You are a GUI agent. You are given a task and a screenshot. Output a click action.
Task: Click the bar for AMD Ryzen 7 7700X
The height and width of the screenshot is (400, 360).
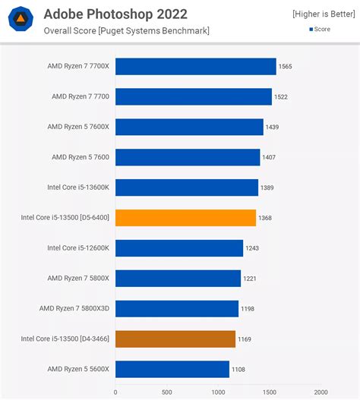pyautogui.click(x=195, y=67)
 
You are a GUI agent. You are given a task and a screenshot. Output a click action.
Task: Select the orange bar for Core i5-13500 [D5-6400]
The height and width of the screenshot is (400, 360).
pyautogui.click(x=185, y=218)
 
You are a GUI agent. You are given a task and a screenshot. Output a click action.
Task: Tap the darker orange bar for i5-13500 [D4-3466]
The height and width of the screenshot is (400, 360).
pyautogui.click(x=175, y=339)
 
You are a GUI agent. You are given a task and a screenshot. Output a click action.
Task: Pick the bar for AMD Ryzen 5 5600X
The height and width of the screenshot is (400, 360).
pyautogui.click(x=172, y=369)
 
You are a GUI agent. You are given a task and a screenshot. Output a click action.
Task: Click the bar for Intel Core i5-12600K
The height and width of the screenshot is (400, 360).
pyautogui.click(x=179, y=248)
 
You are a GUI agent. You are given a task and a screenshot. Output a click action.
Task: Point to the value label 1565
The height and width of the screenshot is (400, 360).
pyautogui.click(x=286, y=67)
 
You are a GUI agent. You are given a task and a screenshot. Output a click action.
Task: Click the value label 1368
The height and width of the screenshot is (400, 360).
pyautogui.click(x=265, y=218)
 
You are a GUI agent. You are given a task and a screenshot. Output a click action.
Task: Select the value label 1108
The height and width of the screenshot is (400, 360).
pyautogui.click(x=238, y=369)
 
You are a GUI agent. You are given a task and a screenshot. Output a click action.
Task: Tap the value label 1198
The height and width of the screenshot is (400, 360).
pyautogui.click(x=248, y=308)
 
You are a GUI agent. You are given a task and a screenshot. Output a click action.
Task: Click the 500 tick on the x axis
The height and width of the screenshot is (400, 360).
pyautogui.click(x=166, y=392)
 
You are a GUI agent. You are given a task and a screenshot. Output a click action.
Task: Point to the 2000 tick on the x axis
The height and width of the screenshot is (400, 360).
pyautogui.click(x=320, y=392)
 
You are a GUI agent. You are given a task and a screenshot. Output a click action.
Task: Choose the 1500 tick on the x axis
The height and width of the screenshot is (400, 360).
pyautogui.click(x=269, y=392)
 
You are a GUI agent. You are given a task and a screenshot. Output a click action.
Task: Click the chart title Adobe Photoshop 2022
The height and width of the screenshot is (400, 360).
pyautogui.click(x=115, y=14)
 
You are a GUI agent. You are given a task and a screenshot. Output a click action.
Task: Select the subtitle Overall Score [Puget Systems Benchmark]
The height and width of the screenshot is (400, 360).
pyautogui.click(x=126, y=30)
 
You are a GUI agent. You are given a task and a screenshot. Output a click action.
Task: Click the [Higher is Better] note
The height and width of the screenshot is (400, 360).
pyautogui.click(x=322, y=14)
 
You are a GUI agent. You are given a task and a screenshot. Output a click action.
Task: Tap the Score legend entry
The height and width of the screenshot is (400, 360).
pyautogui.click(x=319, y=30)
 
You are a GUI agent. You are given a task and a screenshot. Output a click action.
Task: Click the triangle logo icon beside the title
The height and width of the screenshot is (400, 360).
pyautogui.click(x=22, y=22)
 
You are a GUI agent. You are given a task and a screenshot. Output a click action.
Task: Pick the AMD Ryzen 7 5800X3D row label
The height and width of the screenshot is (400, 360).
pyautogui.click(x=74, y=308)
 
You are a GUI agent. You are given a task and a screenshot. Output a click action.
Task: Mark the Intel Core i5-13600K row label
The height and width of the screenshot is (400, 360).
pyautogui.click(x=78, y=187)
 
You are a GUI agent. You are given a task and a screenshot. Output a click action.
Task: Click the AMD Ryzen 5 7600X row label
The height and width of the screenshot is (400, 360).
pyautogui.click(x=80, y=127)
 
